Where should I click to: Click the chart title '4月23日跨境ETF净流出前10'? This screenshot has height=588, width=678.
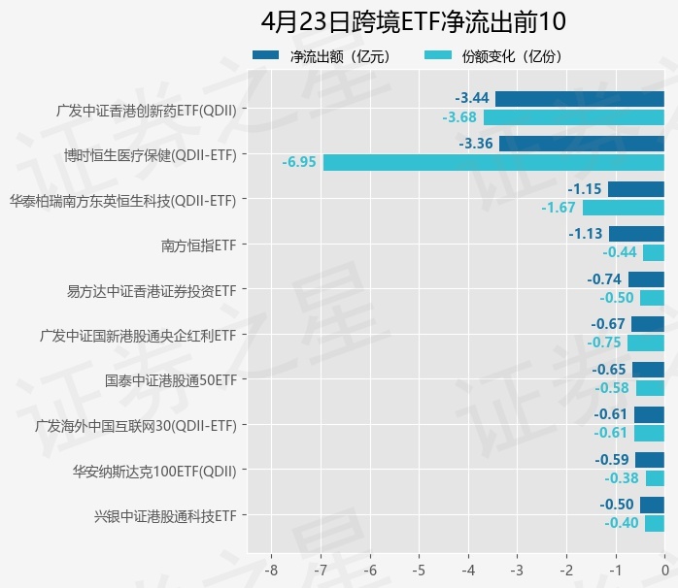tap(413, 21)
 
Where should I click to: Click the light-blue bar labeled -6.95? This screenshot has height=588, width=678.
tap(493, 162)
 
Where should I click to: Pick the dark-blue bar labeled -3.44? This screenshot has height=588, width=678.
tap(580, 98)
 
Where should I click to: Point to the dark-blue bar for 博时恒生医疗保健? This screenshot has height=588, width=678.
tap(582, 144)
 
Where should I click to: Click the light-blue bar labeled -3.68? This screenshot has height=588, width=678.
tap(574, 117)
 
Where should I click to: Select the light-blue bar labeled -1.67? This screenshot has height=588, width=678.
tap(624, 208)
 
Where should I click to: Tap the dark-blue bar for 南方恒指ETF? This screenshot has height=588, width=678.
tap(637, 234)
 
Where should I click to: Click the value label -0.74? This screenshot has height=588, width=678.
tap(604, 279)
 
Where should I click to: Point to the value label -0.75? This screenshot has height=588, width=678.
tap(604, 343)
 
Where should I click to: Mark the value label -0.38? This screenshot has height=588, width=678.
tap(621, 478)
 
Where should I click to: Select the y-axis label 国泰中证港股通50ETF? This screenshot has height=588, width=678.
tap(170, 379)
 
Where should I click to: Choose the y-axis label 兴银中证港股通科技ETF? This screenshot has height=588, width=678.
tap(165, 515)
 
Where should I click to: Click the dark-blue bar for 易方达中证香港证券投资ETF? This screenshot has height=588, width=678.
tap(646, 279)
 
